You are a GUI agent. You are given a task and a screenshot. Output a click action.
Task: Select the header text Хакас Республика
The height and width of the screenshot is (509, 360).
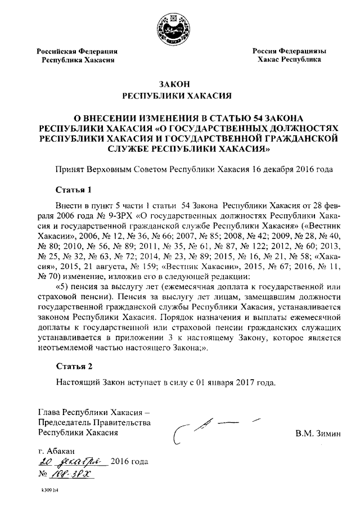point(289,59)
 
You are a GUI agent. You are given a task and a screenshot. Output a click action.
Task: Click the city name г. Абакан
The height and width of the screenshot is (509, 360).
point(57,451)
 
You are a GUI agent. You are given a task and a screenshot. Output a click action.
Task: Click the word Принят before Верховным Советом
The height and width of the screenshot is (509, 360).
point(69,168)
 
